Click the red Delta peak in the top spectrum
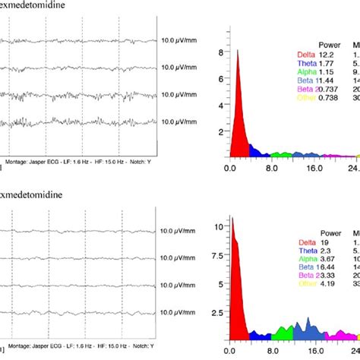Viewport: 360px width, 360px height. click(x=237, y=99)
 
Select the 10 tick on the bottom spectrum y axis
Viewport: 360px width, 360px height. click(x=219, y=227)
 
